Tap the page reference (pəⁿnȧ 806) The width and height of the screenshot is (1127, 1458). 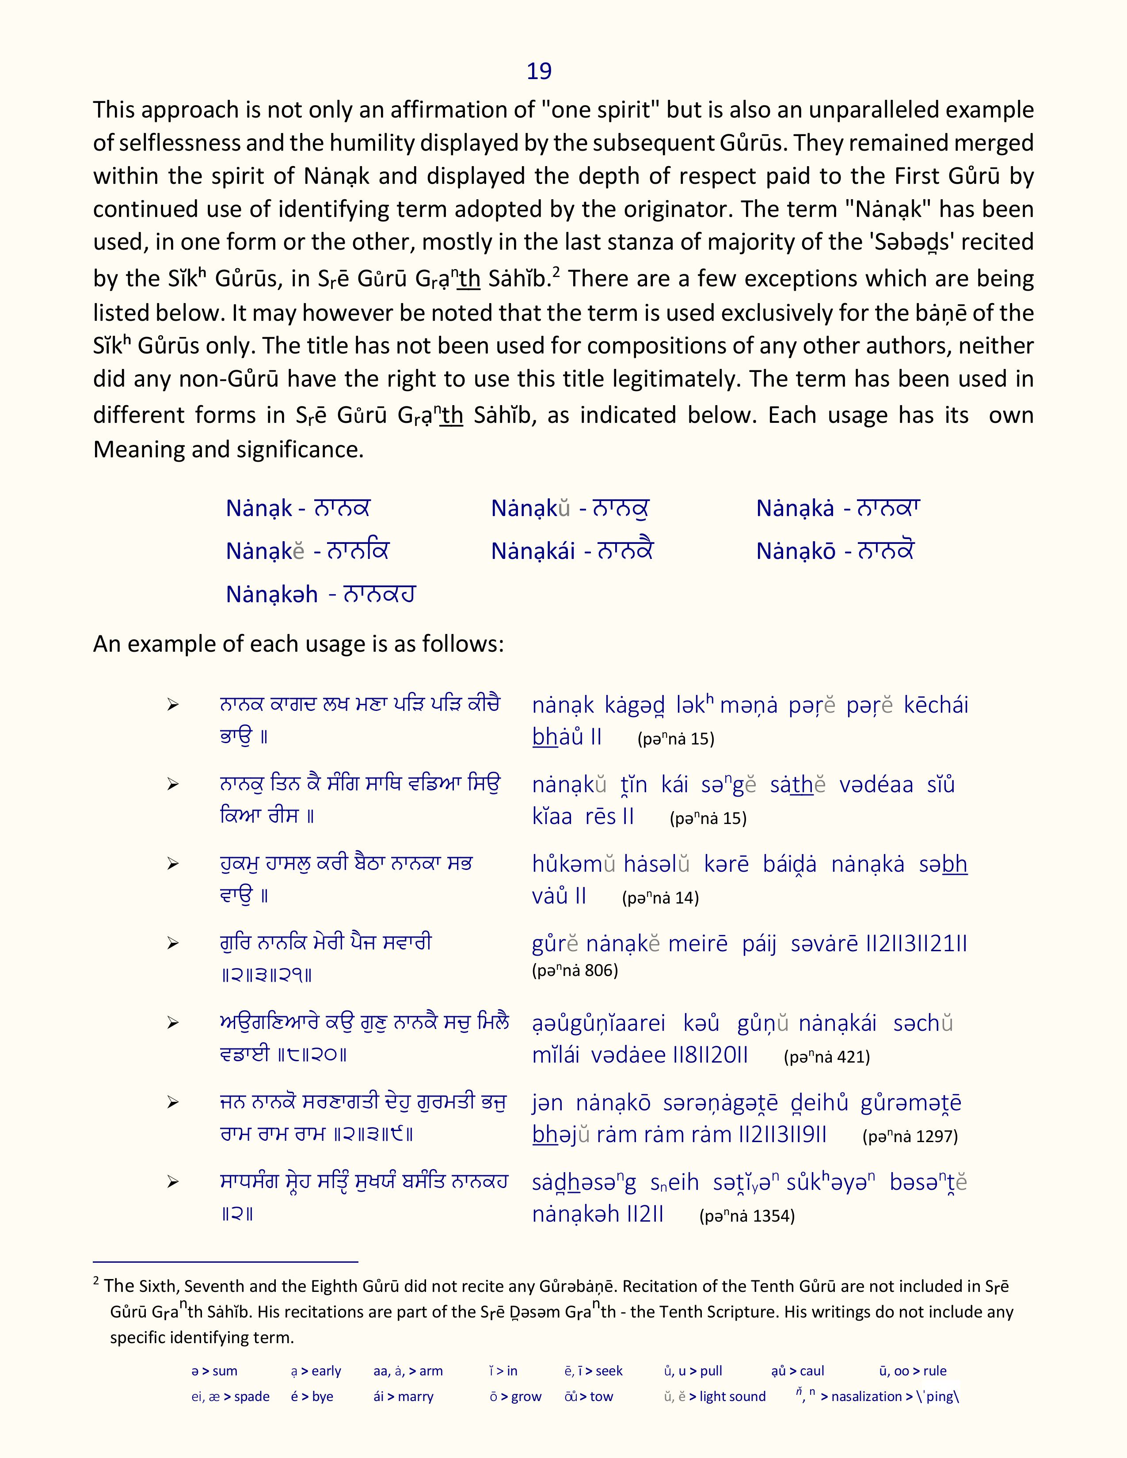575,970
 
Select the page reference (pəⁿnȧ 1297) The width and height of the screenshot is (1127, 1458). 910,1136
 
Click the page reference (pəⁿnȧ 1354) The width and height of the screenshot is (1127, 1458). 746,1216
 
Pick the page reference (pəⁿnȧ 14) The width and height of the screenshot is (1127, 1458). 660,898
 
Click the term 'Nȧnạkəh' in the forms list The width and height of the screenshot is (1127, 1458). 272,594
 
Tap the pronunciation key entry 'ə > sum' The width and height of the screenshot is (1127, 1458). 214,1371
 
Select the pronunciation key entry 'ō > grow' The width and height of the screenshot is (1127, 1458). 515,1397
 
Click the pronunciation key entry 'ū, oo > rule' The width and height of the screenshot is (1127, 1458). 913,1371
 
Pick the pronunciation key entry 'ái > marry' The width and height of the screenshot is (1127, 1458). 403,1397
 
